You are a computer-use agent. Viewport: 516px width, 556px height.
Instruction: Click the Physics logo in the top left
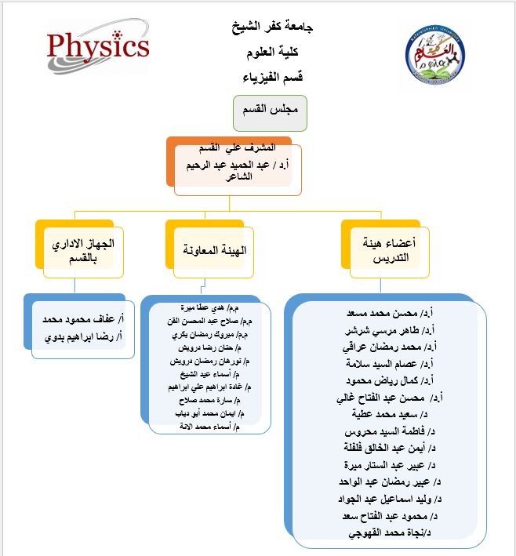(97, 45)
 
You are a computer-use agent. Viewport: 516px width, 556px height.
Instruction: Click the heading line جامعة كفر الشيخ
(271, 28)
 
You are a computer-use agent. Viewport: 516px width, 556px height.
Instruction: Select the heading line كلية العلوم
(271, 53)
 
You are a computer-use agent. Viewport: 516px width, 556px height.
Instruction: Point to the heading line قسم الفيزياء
(271, 77)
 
